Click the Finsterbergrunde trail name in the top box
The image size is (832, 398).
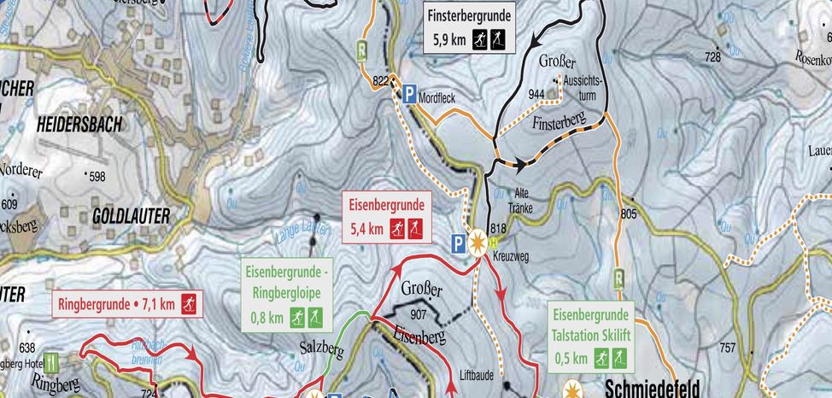470,15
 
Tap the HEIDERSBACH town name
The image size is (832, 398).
79,125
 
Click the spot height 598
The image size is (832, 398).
96,176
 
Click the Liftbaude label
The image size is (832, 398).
478,373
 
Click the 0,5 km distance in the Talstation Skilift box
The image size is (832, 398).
571,357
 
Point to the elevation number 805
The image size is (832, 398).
630,213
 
